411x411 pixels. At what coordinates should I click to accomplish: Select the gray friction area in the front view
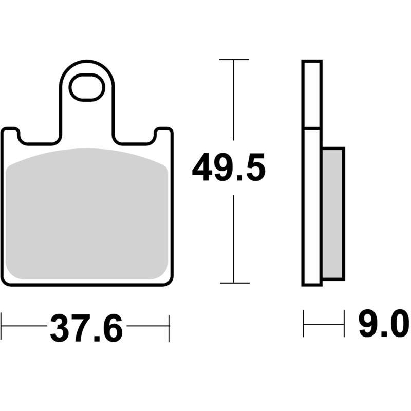pyautogui.click(x=87, y=216)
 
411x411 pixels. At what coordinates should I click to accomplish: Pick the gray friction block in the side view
pyautogui.click(x=332, y=213)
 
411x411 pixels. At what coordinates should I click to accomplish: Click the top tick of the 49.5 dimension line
pyautogui.click(x=234, y=60)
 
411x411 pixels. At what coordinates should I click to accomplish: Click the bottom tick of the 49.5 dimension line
pyautogui.click(x=234, y=283)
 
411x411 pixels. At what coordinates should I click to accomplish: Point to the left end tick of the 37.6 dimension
pyautogui.click(x=2, y=326)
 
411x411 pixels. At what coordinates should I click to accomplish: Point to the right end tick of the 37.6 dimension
pyautogui.click(x=169, y=326)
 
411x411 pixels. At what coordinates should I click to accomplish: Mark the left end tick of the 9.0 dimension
pyautogui.click(x=304, y=324)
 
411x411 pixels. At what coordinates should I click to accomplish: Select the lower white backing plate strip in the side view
pyautogui.click(x=311, y=206)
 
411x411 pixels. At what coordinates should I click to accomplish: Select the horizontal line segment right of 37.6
pyautogui.click(x=147, y=326)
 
